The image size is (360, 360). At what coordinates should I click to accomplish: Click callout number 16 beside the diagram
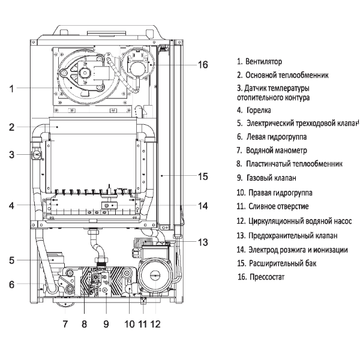(203, 65)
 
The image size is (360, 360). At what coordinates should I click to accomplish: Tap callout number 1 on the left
(11, 88)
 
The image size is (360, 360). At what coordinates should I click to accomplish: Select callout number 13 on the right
(203, 242)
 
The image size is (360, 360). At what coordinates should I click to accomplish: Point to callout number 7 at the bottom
(65, 324)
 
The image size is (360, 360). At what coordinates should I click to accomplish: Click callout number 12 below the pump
(155, 324)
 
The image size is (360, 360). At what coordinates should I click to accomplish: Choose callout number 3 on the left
(11, 155)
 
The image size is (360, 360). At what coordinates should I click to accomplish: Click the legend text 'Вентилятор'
(263, 62)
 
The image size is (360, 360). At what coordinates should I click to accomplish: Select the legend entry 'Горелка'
(259, 110)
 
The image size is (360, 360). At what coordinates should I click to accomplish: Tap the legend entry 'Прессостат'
(267, 277)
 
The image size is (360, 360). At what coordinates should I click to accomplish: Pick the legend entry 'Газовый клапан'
(271, 178)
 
